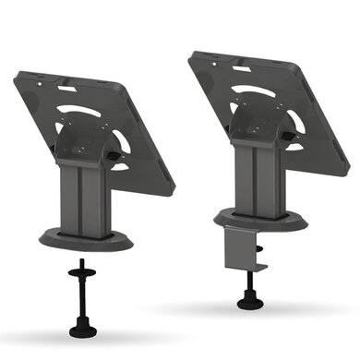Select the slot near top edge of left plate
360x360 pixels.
coord(66,89)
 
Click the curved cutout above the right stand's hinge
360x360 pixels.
coord(249,92)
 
